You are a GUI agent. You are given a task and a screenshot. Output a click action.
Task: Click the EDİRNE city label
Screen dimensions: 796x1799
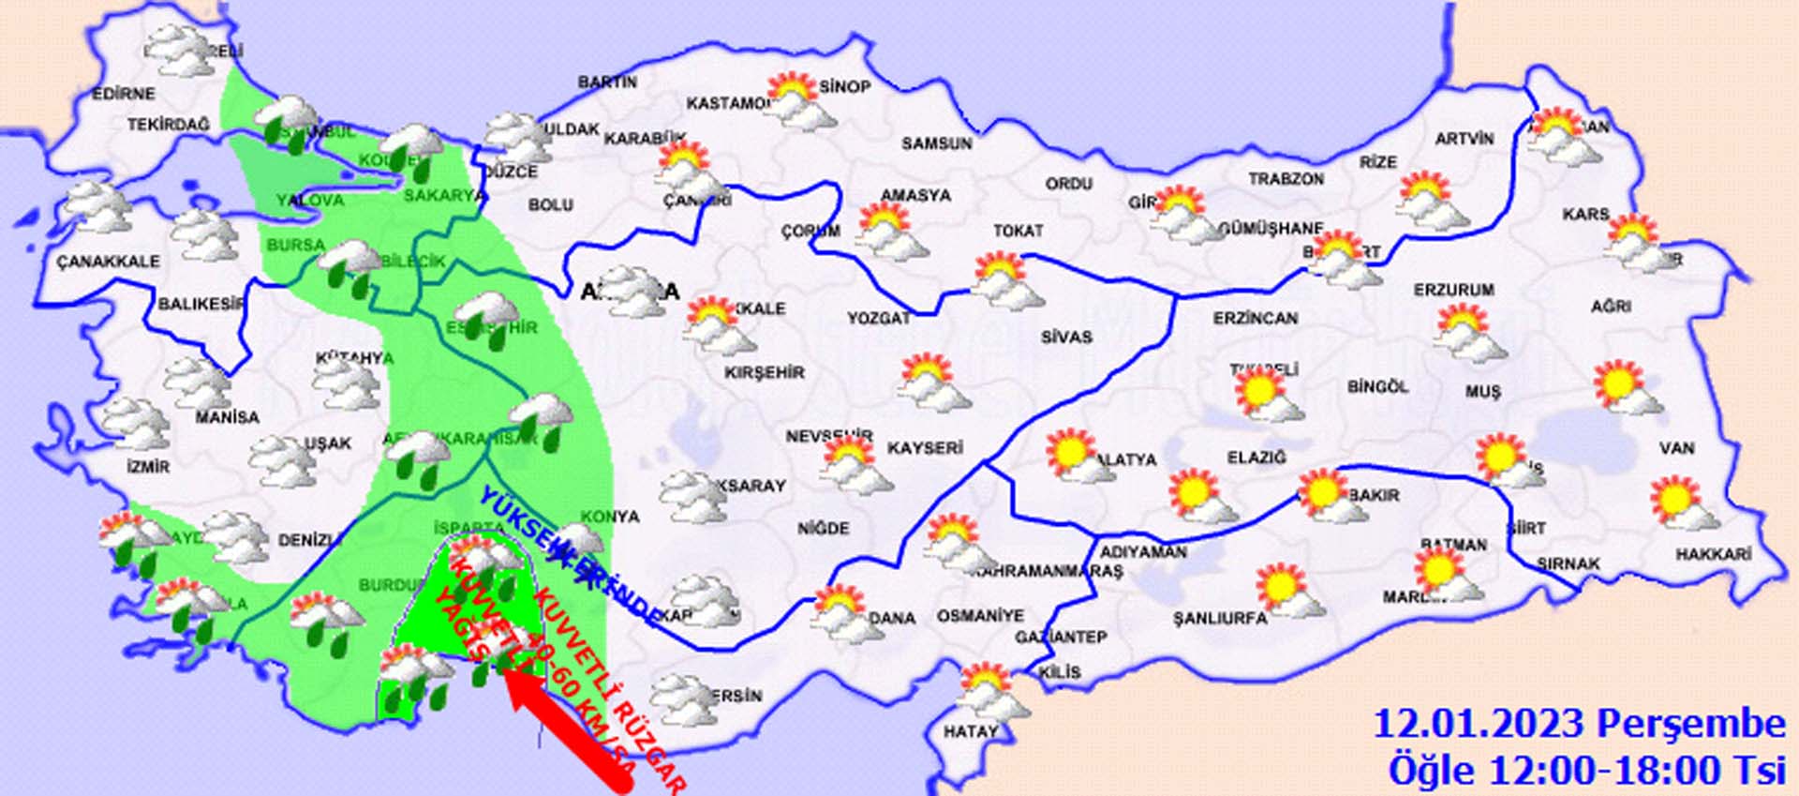tap(123, 94)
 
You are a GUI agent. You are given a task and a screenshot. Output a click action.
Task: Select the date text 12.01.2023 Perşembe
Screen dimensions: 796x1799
tap(1579, 725)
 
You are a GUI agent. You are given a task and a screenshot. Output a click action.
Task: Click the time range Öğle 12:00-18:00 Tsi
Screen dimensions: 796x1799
tap(1586, 771)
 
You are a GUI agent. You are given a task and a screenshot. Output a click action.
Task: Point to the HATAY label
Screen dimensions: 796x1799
tap(970, 731)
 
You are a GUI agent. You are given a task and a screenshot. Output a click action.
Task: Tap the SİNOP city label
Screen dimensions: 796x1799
tap(845, 86)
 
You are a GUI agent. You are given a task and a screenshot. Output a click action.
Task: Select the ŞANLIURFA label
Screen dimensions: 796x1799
tap(1219, 618)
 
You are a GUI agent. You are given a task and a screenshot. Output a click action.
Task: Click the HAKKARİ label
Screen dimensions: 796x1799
tap(1713, 555)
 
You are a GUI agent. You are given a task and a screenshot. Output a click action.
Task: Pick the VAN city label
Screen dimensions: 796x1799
tap(1676, 448)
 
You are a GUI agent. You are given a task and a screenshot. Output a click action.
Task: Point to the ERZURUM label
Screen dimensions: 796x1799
tap(1453, 291)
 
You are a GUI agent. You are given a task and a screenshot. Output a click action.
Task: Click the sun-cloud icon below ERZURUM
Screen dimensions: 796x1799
tap(1467, 334)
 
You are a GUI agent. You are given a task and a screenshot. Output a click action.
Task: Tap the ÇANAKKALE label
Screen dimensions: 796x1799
tap(108, 262)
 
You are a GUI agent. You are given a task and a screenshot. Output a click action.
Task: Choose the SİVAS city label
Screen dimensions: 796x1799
tap(1066, 336)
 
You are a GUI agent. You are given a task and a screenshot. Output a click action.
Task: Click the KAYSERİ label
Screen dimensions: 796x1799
tap(924, 448)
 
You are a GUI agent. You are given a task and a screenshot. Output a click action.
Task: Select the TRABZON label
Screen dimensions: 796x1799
tap(1286, 178)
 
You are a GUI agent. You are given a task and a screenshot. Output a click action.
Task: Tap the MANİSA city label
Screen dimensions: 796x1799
tap(227, 416)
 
